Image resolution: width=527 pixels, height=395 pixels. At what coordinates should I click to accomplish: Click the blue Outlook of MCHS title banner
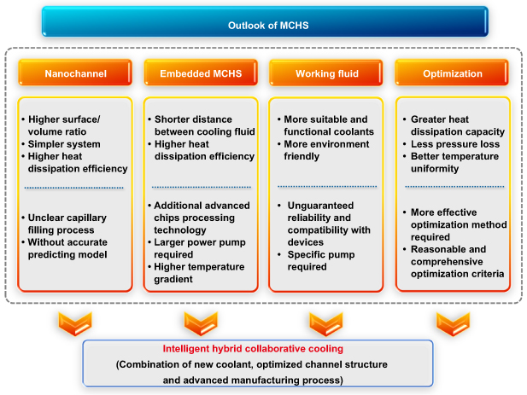(x=265, y=22)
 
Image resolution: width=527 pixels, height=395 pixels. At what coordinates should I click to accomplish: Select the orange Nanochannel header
(x=75, y=73)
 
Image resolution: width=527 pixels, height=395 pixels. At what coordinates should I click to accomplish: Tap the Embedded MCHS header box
(x=201, y=73)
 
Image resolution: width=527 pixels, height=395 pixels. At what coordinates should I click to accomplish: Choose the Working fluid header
(x=325, y=73)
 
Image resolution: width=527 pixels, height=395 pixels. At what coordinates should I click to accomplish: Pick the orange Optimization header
(x=452, y=73)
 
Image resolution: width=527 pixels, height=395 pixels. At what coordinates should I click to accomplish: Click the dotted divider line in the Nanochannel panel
(x=75, y=188)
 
